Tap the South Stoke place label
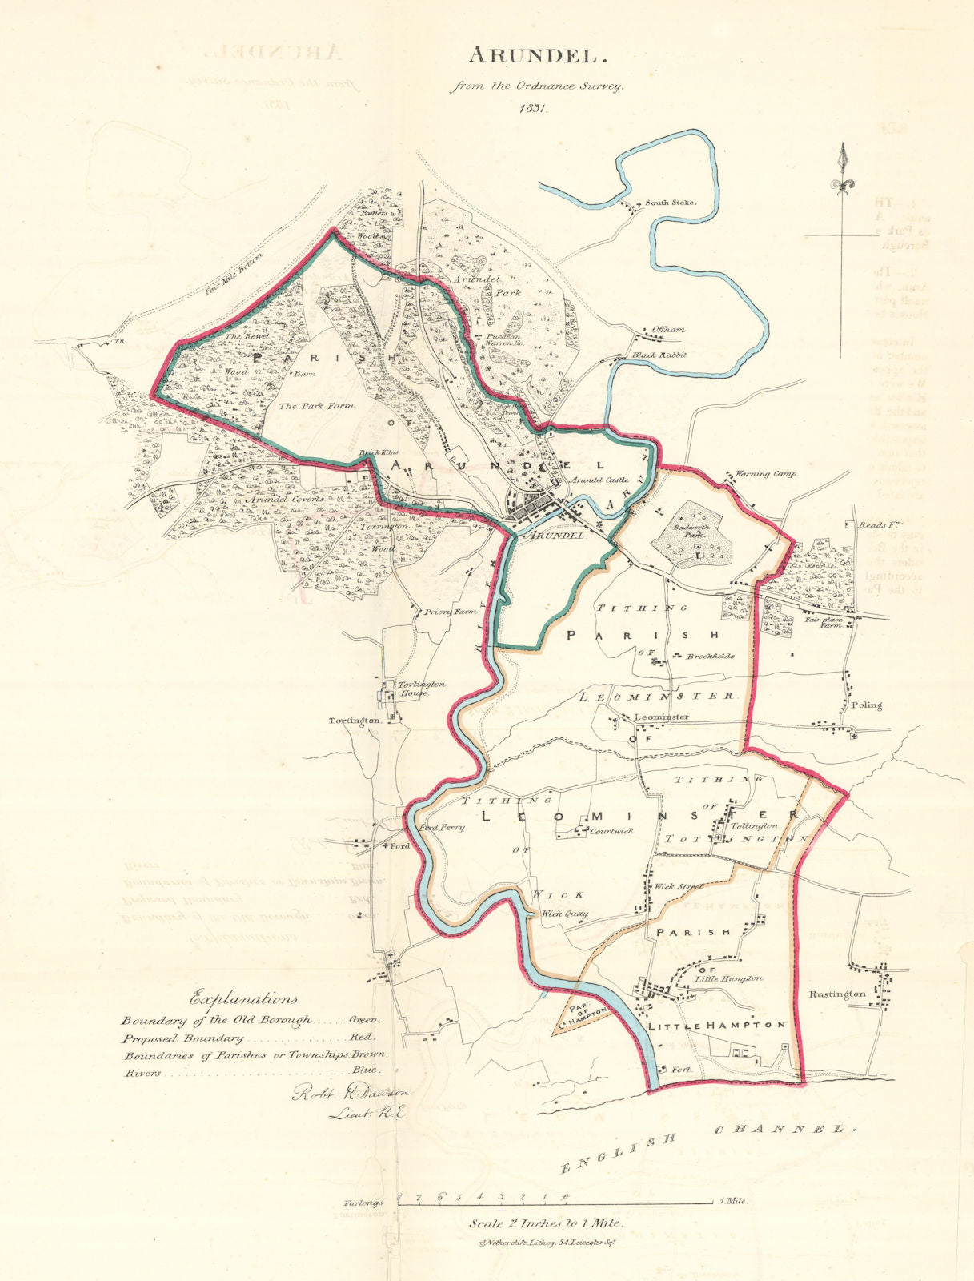(671, 203)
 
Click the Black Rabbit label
(660, 355)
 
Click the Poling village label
(867, 705)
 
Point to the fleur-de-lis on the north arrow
(841, 185)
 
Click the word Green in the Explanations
(365, 1020)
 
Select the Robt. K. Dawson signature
(350, 1092)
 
